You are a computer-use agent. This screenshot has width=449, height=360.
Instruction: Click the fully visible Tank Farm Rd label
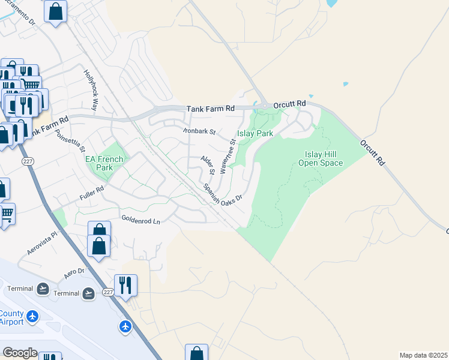(210, 109)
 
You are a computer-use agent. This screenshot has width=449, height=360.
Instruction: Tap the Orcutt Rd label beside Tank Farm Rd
(289, 104)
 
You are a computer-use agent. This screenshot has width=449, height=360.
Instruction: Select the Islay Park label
(255, 133)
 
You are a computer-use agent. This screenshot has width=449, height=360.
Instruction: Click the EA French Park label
(104, 163)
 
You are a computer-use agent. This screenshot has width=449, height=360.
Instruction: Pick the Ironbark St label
(199, 131)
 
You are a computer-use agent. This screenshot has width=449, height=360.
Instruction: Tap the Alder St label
(208, 165)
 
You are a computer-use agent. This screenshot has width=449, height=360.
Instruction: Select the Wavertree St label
(227, 155)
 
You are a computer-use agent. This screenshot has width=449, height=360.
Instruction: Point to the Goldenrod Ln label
(141, 220)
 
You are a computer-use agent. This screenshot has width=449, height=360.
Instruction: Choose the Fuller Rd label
(92, 193)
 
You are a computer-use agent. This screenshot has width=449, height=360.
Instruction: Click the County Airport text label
(12, 317)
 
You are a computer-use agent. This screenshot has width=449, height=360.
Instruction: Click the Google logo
(20, 353)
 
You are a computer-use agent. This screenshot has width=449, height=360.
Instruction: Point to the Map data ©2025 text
(423, 355)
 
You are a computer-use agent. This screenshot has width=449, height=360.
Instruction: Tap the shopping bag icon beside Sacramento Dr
(55, 12)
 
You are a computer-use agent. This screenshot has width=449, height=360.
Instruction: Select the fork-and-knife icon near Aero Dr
(125, 285)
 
